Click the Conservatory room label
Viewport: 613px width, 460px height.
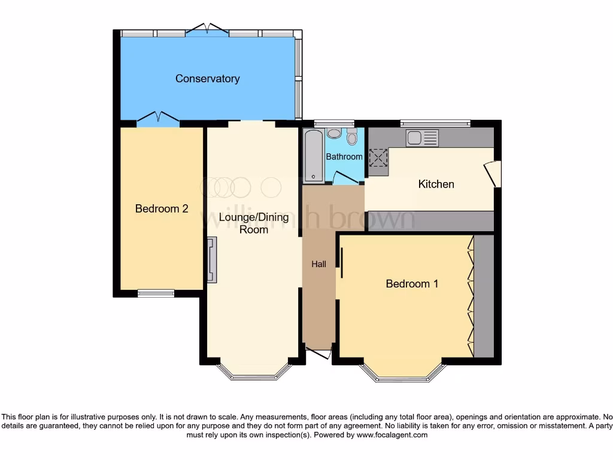click(x=207, y=78)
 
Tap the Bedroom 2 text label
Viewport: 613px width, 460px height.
click(x=162, y=208)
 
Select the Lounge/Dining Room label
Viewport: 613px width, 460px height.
click(x=254, y=223)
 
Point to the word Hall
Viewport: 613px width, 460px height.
click(x=318, y=264)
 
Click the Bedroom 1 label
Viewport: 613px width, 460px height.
click(x=412, y=283)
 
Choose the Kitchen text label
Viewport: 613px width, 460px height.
click(x=436, y=184)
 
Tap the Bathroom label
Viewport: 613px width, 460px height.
click(x=344, y=156)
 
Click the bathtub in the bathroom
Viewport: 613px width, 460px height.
click(x=314, y=156)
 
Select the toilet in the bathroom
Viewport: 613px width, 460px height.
click(x=351, y=137)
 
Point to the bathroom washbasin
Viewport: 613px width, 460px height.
click(x=334, y=134)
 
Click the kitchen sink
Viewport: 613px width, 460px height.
click(x=422, y=138)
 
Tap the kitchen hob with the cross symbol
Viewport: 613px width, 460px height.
click(x=378, y=158)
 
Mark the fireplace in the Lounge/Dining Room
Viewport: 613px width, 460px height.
click(x=212, y=259)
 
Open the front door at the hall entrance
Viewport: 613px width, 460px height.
click(x=318, y=353)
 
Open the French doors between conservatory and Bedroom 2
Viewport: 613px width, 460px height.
click(x=158, y=119)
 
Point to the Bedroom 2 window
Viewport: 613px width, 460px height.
click(x=156, y=293)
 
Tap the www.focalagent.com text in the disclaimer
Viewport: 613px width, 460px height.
click(x=392, y=435)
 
